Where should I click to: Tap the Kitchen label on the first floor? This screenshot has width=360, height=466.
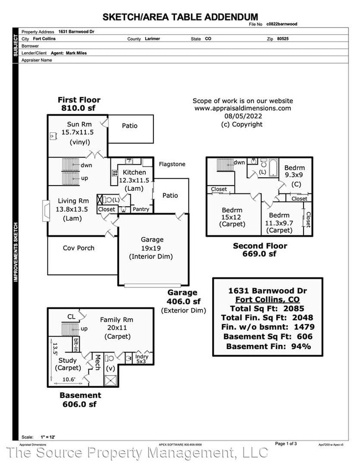point(134,173)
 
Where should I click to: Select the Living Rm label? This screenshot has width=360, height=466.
point(73,201)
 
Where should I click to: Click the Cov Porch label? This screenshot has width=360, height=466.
point(79,248)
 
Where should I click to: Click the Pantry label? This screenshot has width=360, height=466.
point(141,209)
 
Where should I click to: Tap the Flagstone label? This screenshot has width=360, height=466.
point(172,165)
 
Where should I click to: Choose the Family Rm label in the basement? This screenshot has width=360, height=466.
point(117,320)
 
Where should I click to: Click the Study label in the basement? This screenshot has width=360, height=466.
point(68,361)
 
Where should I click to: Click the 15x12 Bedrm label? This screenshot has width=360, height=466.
point(232,210)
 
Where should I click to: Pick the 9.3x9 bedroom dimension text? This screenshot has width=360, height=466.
point(294,176)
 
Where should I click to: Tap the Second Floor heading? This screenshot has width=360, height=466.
point(260,245)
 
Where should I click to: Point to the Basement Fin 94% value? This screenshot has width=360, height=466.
point(299,346)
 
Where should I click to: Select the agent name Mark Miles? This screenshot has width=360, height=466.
point(78,53)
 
